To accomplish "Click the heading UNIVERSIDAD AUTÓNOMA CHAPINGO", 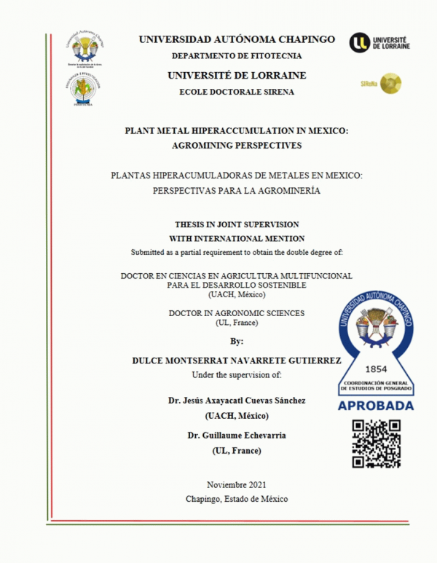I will point(237,39).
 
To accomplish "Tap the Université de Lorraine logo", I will point(379,42).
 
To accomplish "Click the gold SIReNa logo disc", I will point(391,82).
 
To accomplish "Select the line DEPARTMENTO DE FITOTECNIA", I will point(237,56).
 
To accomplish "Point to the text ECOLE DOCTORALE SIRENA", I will point(237,92).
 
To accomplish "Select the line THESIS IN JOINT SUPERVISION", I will point(237,225).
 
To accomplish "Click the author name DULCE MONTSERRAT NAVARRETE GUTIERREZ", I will point(237,361).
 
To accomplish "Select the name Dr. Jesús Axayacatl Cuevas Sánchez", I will point(237,401).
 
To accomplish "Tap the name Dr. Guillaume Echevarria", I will point(237,435).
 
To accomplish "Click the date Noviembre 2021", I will point(237,484).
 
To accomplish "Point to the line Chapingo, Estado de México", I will point(237,499).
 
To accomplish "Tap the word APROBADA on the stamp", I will point(377,405).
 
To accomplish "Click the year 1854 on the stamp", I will point(376,369).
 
